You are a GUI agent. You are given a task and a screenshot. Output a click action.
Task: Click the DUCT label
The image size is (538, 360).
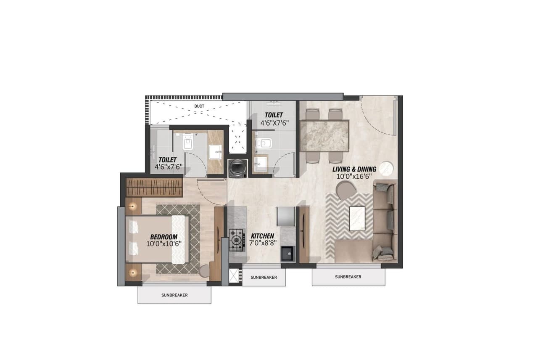(x=199, y=106)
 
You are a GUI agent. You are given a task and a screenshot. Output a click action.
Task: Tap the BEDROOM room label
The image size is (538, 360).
(x=164, y=237)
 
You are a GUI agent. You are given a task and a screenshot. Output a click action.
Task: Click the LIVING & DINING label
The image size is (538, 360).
(x=354, y=169)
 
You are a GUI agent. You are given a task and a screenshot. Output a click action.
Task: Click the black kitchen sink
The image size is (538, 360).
(x=288, y=253)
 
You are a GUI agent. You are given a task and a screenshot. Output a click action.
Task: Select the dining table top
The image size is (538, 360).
(x=324, y=135)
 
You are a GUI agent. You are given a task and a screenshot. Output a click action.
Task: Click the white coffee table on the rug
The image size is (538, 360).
(x=357, y=218)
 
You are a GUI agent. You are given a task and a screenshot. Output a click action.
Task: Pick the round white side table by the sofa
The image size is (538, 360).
(x=386, y=169)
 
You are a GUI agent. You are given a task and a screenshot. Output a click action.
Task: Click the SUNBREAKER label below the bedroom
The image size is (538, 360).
(x=174, y=295)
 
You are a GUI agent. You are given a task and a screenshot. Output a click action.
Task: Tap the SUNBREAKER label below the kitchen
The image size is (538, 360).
(x=264, y=278)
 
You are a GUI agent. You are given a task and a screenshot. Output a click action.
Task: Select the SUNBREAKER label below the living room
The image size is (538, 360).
(x=348, y=277)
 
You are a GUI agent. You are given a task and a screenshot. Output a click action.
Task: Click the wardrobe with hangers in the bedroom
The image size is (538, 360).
(x=154, y=188)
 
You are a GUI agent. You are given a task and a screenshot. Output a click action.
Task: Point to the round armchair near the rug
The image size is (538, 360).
(x=345, y=191)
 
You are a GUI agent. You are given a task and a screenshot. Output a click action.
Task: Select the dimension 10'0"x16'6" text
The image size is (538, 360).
(x=354, y=177)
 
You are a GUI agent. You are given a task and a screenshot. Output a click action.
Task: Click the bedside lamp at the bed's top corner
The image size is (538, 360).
(x=133, y=206)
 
